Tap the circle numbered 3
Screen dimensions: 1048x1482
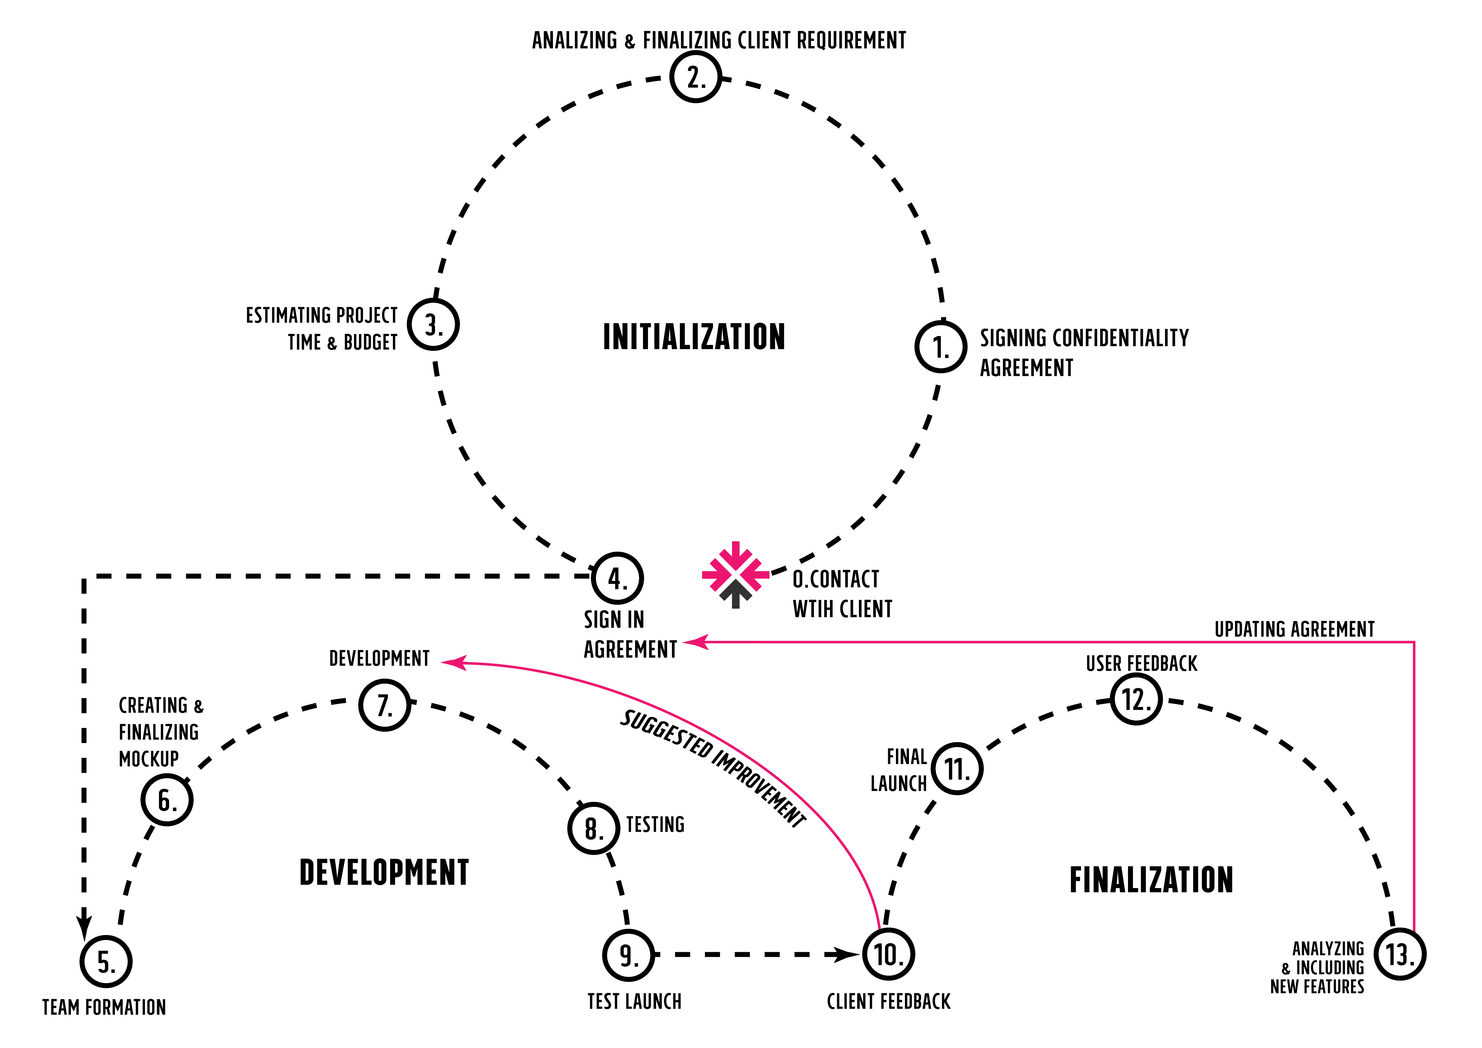click(433, 324)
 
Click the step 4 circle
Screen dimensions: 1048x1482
click(617, 578)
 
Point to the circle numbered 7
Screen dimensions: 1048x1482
click(385, 704)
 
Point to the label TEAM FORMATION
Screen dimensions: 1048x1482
click(104, 1007)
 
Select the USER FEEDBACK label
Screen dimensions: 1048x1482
click(1141, 663)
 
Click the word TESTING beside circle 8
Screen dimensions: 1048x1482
click(655, 825)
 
